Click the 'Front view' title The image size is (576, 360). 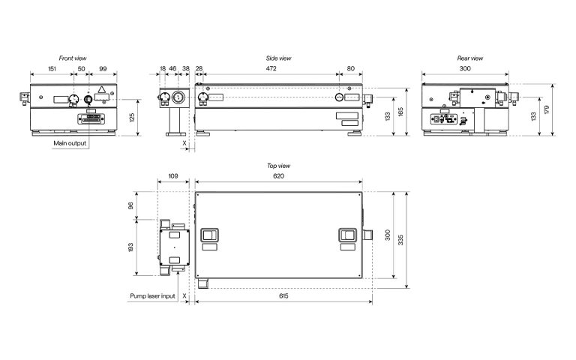pyautogui.click(x=73, y=58)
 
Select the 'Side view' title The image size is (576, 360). pyautogui.click(x=278, y=58)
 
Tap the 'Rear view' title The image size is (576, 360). pyautogui.click(x=469, y=58)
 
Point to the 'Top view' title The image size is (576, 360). pyautogui.click(x=278, y=166)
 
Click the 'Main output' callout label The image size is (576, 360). pyautogui.click(x=70, y=143)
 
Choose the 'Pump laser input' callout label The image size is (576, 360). pyautogui.click(x=152, y=295)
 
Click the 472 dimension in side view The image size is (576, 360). pyautogui.click(x=271, y=68)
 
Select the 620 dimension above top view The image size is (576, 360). pyautogui.click(x=278, y=176)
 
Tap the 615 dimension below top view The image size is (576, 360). pyautogui.click(x=283, y=295)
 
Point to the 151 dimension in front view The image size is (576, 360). pyautogui.click(x=52, y=69)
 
